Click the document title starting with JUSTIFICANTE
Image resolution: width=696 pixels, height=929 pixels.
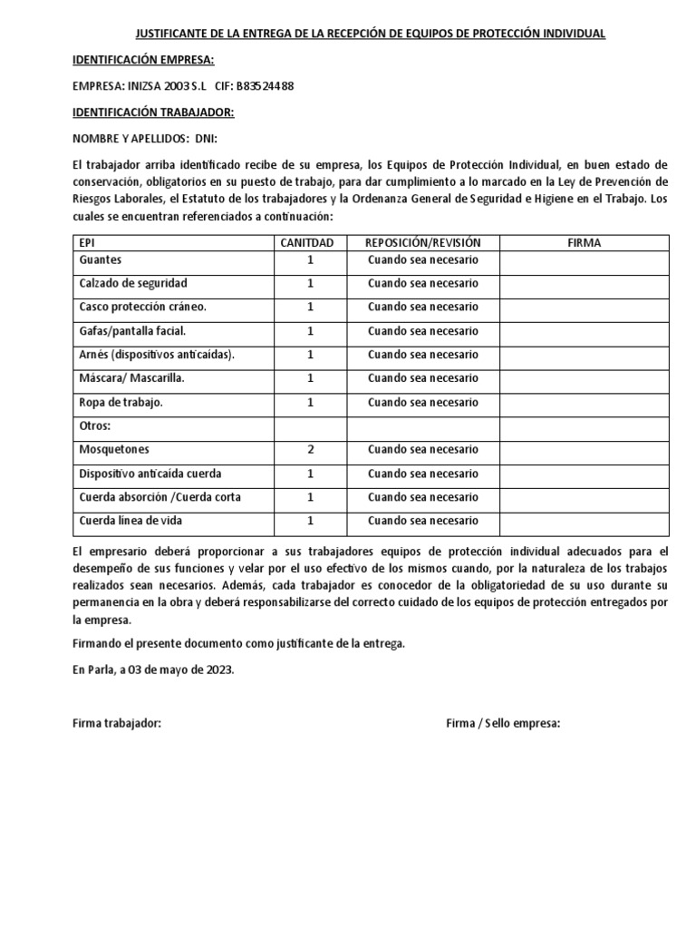(370, 34)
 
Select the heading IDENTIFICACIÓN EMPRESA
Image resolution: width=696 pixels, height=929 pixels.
(142, 60)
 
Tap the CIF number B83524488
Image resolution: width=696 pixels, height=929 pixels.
(264, 86)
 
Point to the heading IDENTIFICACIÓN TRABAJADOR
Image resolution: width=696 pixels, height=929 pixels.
(152, 112)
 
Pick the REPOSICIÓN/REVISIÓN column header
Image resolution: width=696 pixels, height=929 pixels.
(422, 243)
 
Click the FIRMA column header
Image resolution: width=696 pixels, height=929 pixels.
(585, 243)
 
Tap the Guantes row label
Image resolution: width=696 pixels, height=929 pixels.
(101, 260)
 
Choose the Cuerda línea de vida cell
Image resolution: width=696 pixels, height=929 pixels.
(130, 521)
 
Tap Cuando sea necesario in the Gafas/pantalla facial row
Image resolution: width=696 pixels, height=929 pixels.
(422, 331)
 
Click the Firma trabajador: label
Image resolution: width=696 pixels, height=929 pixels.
(117, 723)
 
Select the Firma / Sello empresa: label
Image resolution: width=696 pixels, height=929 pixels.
(503, 723)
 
